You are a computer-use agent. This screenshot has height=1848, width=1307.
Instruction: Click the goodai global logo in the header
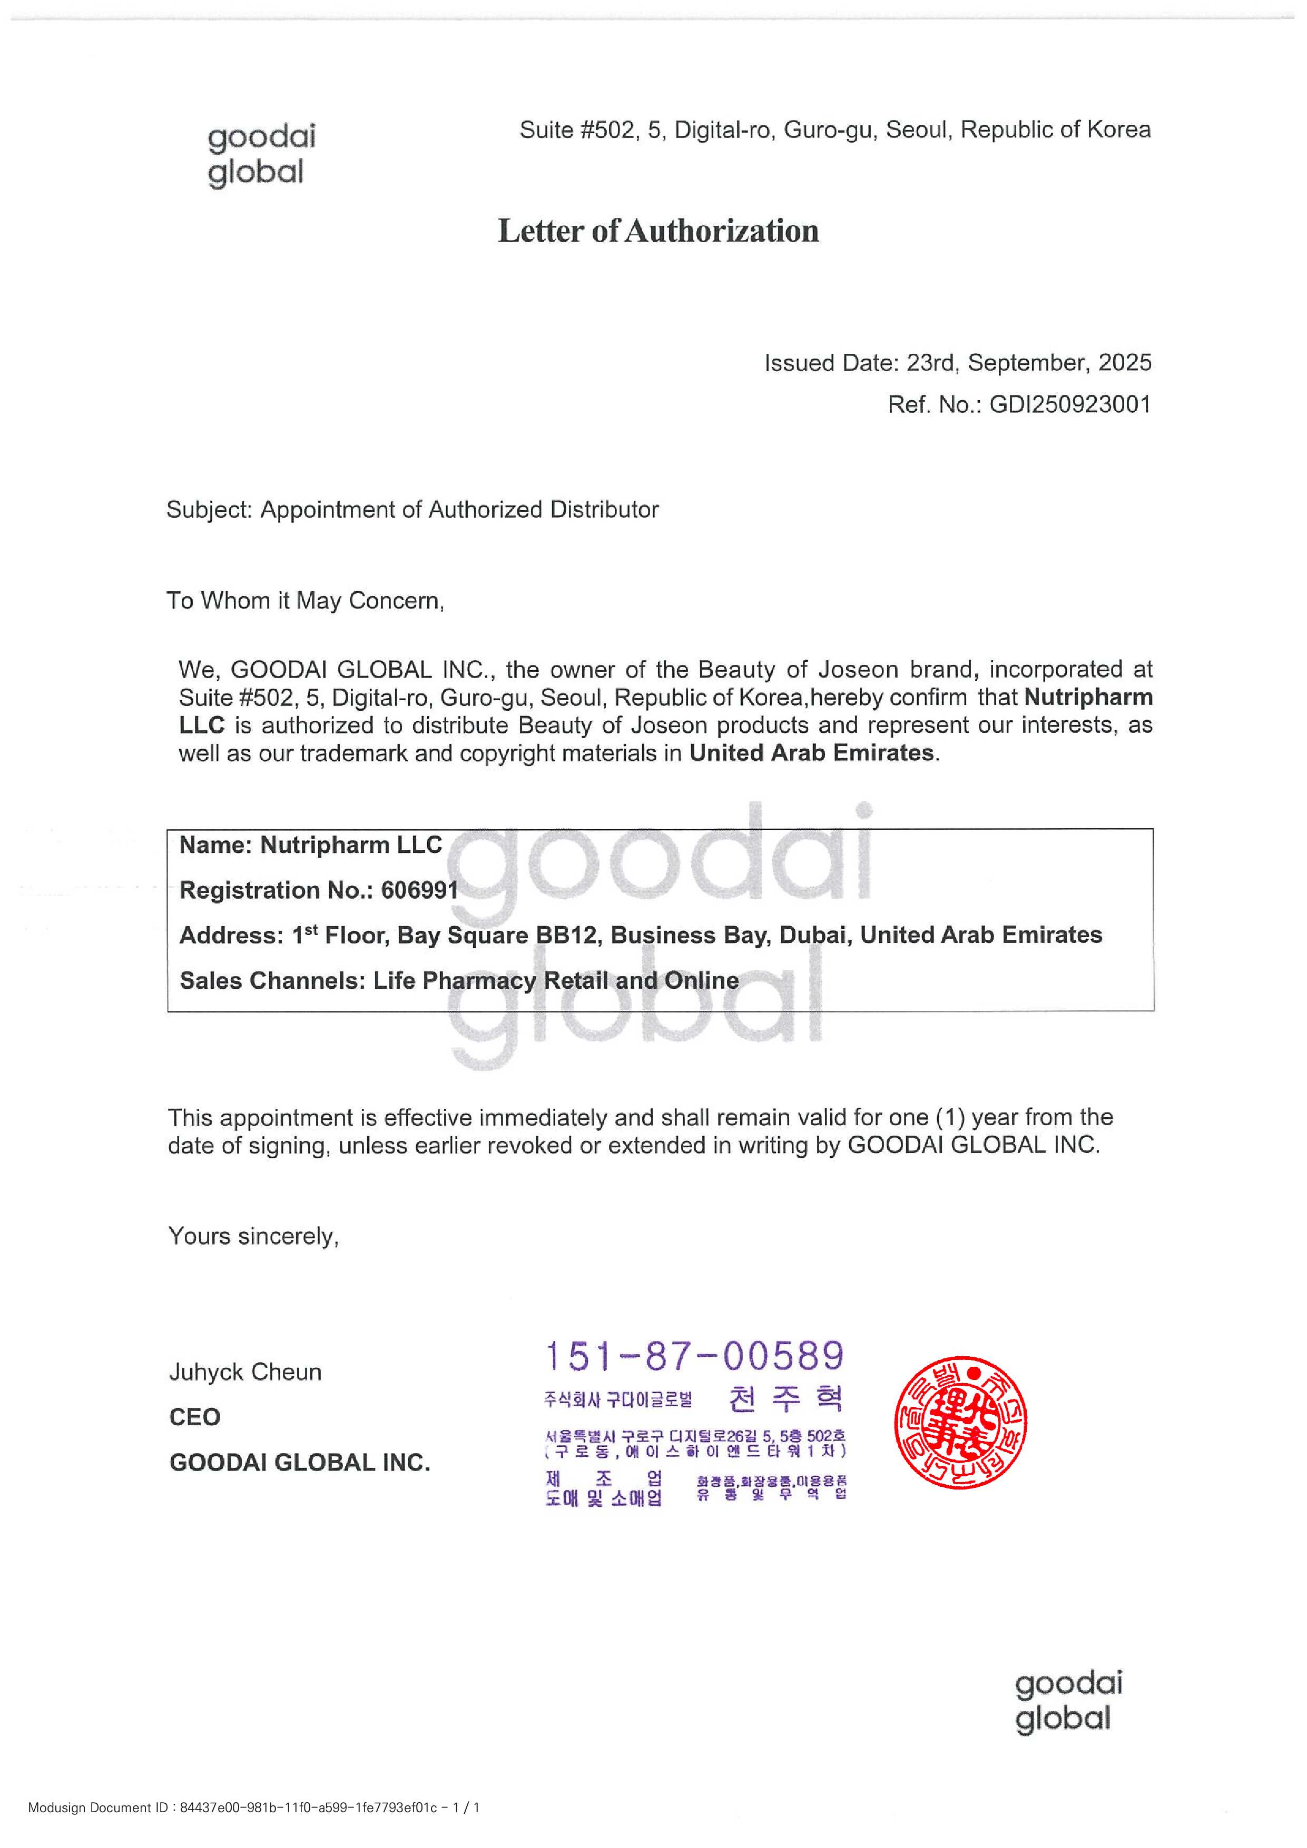pos(261,155)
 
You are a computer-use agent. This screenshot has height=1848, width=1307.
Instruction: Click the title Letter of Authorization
pos(658,231)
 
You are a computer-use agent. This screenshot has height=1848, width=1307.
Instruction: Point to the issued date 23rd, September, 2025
pos(1028,363)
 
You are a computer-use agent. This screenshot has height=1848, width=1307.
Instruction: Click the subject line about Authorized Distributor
pos(412,510)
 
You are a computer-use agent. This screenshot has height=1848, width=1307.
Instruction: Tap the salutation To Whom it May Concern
pos(305,600)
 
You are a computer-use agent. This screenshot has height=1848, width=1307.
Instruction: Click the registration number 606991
pos(419,890)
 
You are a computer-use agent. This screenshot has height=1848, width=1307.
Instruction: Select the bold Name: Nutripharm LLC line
pos(310,845)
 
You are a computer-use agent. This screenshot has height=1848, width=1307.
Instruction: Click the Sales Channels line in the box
pos(459,980)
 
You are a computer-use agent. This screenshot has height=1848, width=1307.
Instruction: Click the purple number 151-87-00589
pos(694,1356)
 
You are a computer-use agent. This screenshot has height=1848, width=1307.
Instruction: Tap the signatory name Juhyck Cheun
pos(245,1373)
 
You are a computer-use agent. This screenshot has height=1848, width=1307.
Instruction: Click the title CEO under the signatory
pos(195,1417)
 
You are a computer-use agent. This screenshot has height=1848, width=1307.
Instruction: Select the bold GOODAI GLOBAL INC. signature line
pos(300,1463)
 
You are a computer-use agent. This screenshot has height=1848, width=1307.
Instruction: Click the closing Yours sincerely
pos(254,1236)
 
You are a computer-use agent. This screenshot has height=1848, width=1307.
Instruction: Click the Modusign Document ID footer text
pos(254,1808)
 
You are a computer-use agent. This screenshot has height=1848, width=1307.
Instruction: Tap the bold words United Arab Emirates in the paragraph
pos(811,753)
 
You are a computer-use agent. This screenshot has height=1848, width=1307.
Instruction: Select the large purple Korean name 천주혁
pos(785,1399)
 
